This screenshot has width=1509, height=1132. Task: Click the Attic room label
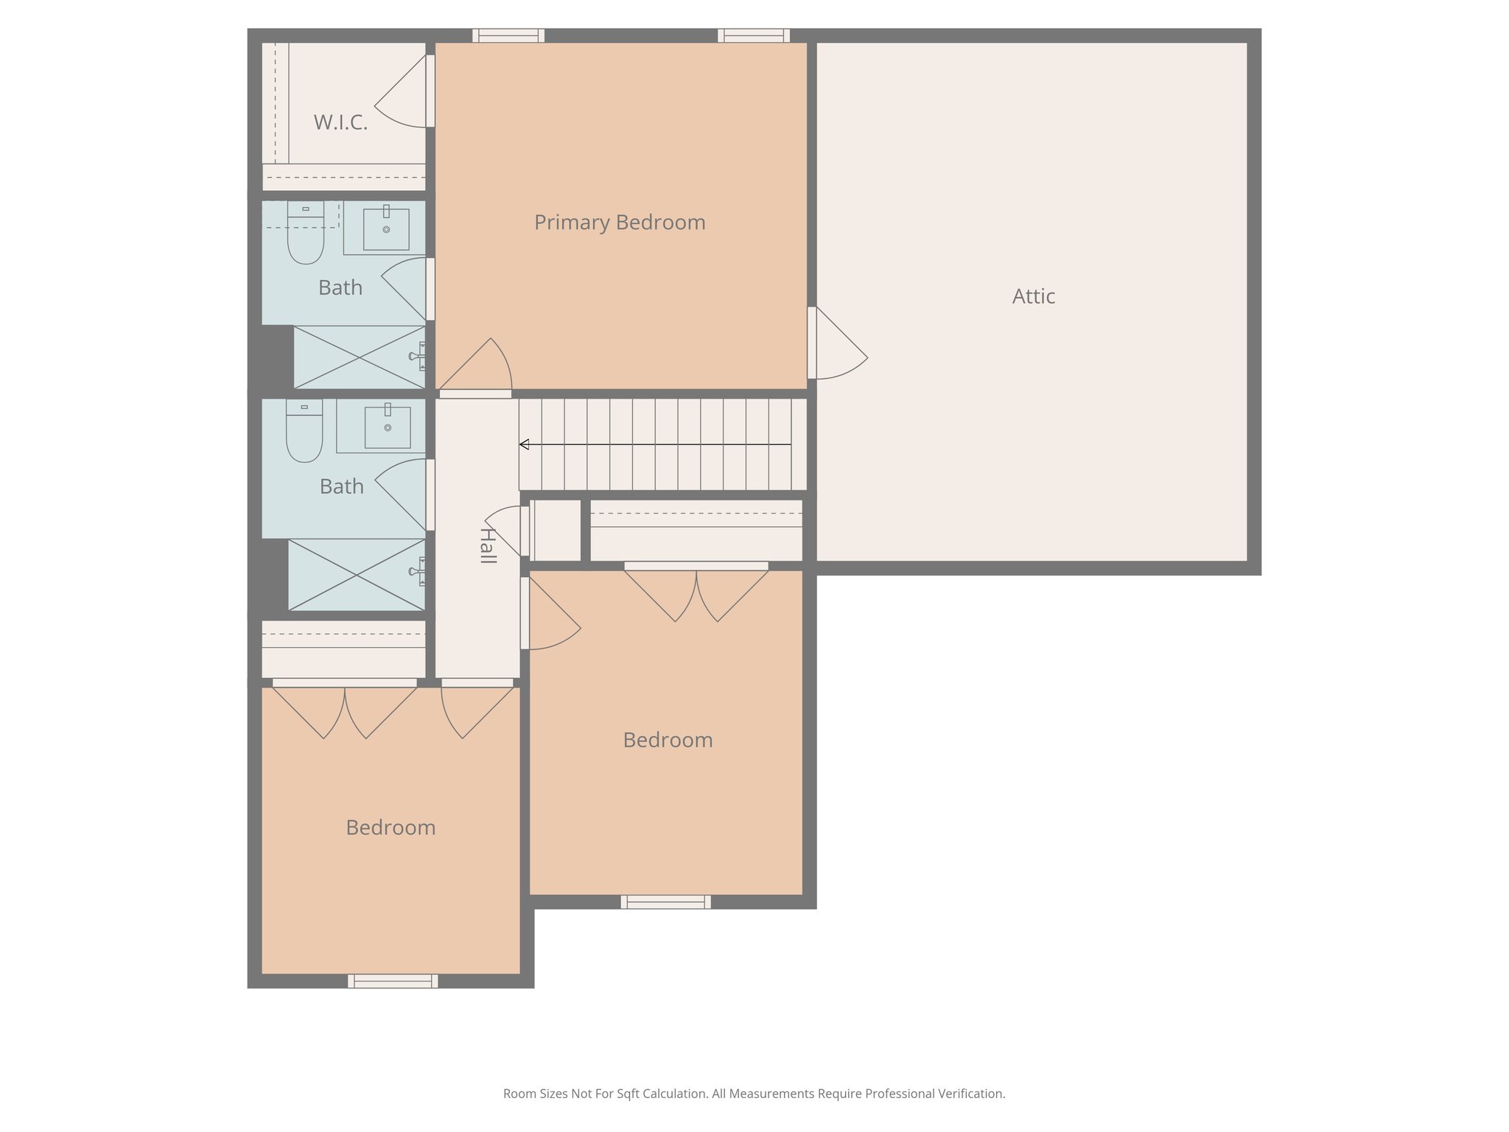(1033, 296)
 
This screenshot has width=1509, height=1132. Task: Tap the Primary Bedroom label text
(619, 223)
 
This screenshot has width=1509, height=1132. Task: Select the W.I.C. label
(340, 122)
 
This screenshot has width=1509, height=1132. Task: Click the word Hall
(487, 545)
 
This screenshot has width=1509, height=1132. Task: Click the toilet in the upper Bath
(305, 234)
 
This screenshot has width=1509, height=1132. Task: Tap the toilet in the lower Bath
(304, 433)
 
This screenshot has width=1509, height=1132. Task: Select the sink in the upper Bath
(386, 228)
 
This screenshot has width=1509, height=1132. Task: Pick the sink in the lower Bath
(388, 427)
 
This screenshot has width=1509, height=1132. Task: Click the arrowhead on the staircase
(524, 444)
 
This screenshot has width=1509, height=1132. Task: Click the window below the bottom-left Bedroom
(393, 981)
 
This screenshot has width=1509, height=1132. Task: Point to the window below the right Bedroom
(665, 901)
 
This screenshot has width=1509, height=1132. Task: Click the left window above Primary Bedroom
(508, 35)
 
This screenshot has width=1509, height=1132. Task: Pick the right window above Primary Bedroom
(754, 35)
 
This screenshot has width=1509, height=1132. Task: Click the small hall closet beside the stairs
(556, 530)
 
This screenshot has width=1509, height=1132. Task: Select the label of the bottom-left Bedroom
(391, 828)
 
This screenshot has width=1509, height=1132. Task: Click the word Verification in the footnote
(970, 1094)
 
